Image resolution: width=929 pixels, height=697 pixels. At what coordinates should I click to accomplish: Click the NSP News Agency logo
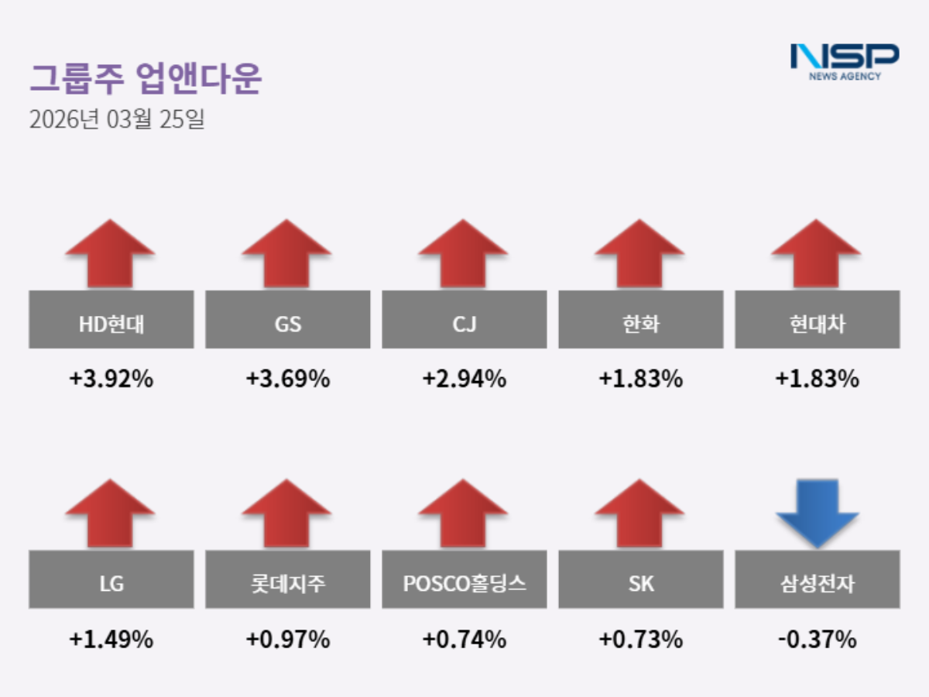point(844,61)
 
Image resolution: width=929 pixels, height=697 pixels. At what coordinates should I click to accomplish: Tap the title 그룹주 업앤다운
point(146,79)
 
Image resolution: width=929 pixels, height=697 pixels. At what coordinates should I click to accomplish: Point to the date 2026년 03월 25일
point(117,120)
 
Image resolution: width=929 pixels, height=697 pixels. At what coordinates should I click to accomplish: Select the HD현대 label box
point(111,320)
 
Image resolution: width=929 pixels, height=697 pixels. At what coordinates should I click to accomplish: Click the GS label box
point(288,320)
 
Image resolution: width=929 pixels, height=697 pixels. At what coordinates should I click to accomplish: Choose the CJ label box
point(464,320)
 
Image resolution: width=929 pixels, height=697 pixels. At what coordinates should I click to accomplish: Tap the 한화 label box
point(641,320)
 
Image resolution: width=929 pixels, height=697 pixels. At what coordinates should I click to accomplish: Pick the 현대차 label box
point(818,320)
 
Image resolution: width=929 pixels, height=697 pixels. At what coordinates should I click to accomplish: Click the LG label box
point(111,580)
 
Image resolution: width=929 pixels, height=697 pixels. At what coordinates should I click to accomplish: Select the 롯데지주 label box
point(288,580)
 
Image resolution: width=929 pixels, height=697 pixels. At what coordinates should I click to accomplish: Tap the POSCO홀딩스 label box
point(464,580)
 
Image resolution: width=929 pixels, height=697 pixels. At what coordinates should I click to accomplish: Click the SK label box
point(641,580)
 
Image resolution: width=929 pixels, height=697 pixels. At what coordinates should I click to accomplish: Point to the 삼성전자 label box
point(818,580)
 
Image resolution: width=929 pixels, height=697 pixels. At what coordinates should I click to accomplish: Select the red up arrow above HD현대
point(111,253)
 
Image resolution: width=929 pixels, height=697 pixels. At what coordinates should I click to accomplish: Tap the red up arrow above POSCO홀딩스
point(464,513)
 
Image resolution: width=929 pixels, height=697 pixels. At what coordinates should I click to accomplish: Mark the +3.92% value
point(111,380)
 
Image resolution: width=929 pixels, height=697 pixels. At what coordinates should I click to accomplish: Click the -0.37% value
point(818,640)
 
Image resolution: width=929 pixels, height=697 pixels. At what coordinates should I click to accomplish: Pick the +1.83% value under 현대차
point(818,380)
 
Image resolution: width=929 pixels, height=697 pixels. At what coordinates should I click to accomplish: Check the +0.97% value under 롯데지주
point(288,640)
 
